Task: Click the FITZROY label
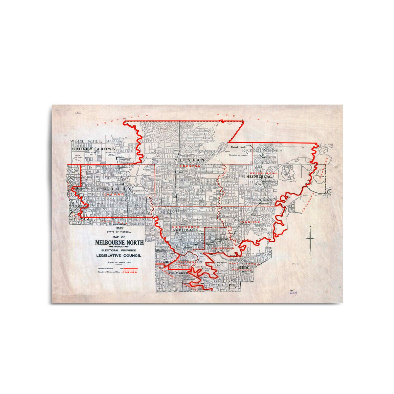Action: [x=164, y=262]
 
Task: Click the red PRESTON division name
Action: [x=190, y=166]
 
